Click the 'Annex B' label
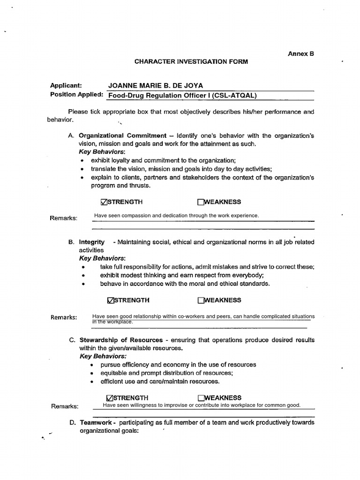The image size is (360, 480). tap(300, 54)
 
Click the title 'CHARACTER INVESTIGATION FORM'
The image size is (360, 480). tap(191, 61)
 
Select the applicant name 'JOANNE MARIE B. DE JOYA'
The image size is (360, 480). tap(156, 86)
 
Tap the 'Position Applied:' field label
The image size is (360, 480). tap(76, 95)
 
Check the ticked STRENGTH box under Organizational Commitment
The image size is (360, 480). tap(104, 202)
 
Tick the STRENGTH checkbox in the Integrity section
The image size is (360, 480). tap(110, 300)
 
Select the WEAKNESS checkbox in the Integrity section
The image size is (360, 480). tap(201, 300)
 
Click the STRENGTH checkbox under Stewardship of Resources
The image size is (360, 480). tap(110, 397)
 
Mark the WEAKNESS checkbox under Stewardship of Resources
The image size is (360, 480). tap(201, 397)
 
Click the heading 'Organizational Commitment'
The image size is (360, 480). tap(122, 136)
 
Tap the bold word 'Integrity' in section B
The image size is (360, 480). tap(92, 242)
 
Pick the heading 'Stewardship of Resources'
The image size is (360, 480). tap(120, 340)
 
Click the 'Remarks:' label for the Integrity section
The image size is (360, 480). tap(63, 317)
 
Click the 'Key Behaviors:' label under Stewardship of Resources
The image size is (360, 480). tap(99, 356)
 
